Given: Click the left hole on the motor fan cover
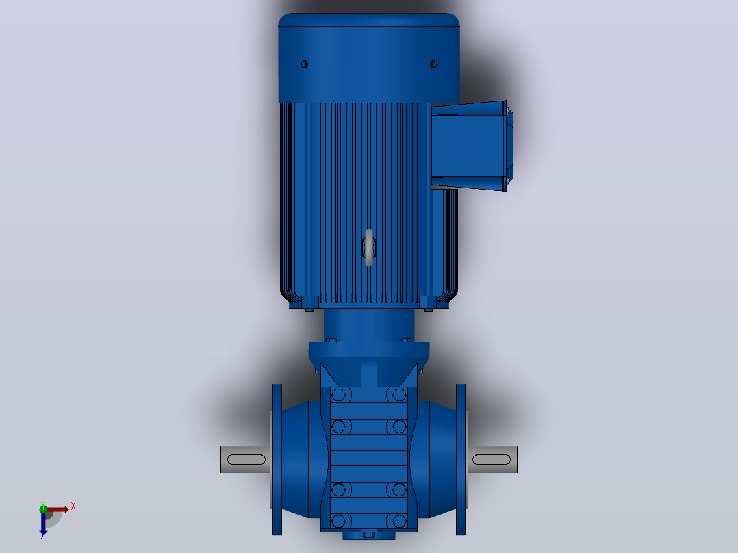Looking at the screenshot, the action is [305, 64].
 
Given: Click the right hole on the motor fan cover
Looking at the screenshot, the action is [433, 64].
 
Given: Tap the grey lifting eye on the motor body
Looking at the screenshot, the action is [369, 248].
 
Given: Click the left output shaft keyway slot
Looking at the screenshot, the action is [246, 459].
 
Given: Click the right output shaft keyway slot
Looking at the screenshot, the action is [492, 459].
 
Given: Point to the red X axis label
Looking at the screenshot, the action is [73, 506].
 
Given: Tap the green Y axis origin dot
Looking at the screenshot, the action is [43, 509].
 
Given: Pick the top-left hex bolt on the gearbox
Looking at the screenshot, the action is [338, 394].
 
